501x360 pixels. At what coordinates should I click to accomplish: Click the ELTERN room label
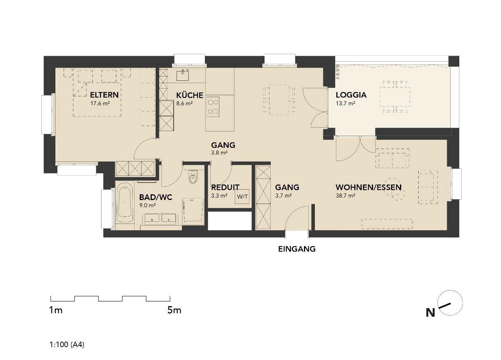104,95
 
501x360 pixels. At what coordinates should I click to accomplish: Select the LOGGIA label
351,95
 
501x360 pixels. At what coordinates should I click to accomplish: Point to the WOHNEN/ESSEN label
369,187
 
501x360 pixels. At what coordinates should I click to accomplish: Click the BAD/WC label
156,197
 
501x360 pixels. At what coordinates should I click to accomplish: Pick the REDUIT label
225,187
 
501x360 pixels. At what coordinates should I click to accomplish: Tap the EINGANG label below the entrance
297,249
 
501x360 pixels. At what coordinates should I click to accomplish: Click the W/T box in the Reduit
242,197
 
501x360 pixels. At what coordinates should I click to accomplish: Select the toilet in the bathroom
193,177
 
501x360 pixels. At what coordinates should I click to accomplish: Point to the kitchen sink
183,75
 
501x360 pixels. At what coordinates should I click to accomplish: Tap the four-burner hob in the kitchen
213,107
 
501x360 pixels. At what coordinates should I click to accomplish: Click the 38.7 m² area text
346,196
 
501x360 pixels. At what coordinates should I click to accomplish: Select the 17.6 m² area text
100,103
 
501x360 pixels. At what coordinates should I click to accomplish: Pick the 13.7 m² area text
346,103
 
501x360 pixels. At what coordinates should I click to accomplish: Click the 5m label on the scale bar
174,310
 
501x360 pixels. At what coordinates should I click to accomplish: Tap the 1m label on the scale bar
56,310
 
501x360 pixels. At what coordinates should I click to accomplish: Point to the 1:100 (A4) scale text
67,344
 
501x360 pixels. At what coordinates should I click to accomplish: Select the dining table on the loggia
395,97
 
